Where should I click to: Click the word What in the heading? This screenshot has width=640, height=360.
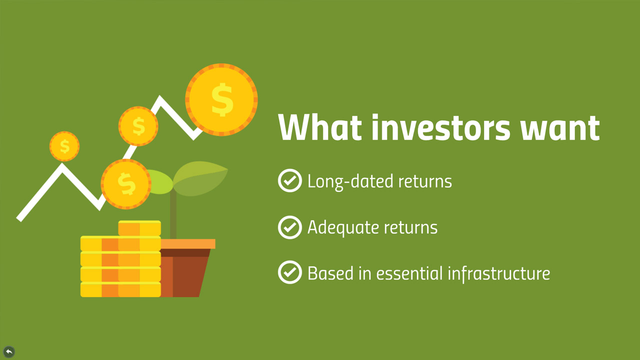point(320,127)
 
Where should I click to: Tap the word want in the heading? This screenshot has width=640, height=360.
point(560,128)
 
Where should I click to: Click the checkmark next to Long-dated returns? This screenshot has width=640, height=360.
point(289,180)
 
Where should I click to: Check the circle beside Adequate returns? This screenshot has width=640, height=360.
point(289,227)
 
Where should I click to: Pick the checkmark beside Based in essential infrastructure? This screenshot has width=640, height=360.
point(289,272)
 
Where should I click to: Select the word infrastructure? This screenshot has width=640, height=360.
point(499,273)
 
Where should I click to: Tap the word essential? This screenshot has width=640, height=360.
point(409,273)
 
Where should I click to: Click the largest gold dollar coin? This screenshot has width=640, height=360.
point(221,99)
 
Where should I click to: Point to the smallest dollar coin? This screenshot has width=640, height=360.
point(64,146)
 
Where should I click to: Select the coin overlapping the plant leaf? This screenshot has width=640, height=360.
point(126,184)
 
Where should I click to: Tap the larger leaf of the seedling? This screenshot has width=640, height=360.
point(200,178)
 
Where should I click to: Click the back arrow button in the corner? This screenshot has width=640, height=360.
point(9,351)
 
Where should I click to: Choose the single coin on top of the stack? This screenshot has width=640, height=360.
point(139,228)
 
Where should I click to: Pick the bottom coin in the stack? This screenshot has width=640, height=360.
point(120,289)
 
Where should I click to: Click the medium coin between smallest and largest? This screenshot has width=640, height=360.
point(138,126)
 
